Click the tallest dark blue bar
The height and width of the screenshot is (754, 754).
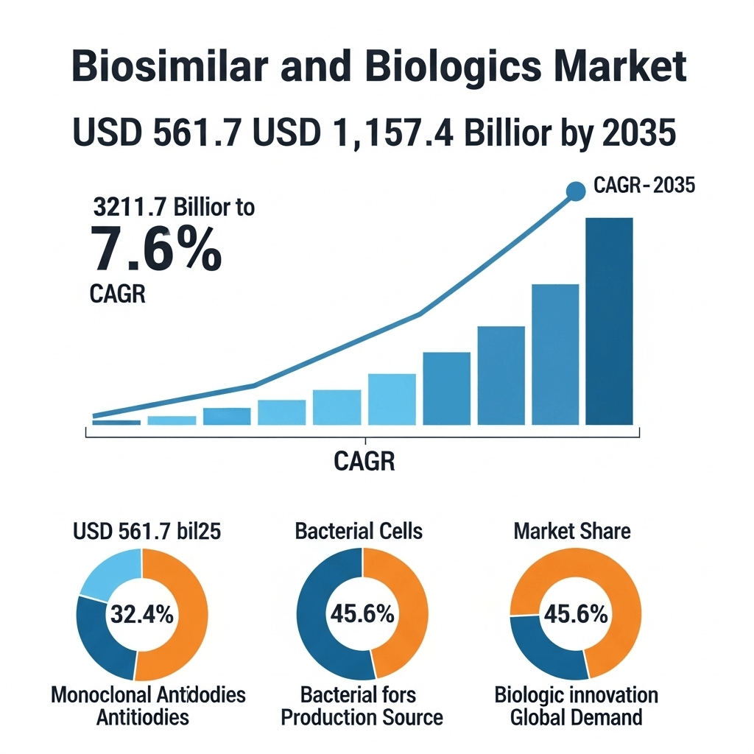click(609, 321)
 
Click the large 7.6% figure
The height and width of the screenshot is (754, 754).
click(155, 250)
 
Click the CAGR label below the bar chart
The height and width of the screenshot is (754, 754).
click(364, 462)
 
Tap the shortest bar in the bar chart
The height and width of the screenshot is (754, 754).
click(116, 422)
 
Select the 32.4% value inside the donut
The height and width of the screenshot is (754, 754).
click(141, 614)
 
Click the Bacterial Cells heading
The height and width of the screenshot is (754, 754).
click(359, 530)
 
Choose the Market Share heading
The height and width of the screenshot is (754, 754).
click(572, 530)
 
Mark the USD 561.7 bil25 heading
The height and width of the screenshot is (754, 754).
click(147, 530)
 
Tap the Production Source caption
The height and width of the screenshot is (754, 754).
click(362, 717)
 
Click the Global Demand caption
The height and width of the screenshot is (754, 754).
click(577, 717)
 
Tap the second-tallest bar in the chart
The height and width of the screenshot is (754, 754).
click(554, 354)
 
